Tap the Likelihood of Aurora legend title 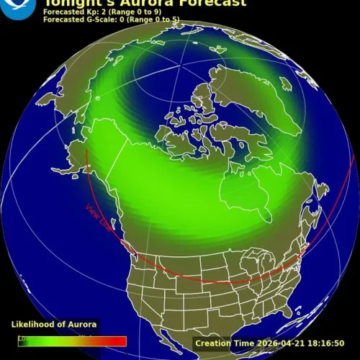pyautogui.click(x=54, y=325)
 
